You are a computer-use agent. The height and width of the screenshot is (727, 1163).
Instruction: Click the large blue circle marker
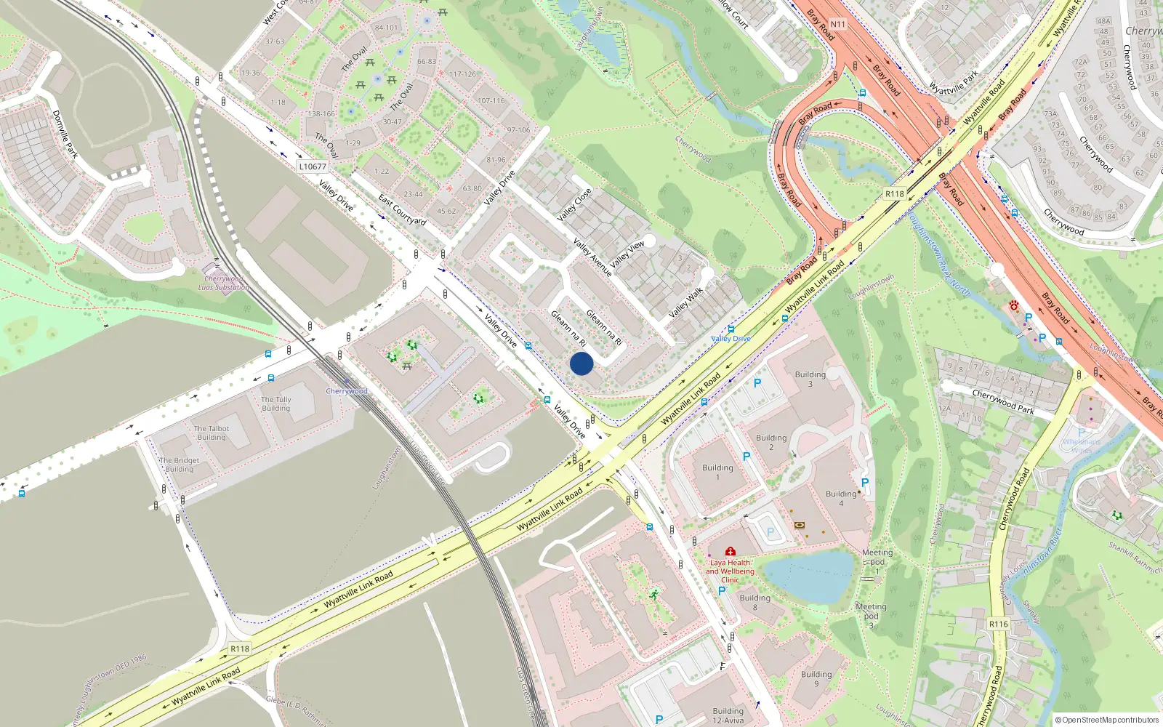coord(581,363)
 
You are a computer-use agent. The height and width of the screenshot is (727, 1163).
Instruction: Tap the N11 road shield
coord(838,24)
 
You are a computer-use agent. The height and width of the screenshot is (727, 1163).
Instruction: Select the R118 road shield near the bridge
coord(894,194)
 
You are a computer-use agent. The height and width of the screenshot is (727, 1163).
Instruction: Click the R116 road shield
coord(998,624)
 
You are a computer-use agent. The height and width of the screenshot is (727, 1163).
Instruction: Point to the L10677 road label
coord(313,166)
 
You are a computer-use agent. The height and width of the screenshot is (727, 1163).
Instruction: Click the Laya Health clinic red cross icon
coord(730,551)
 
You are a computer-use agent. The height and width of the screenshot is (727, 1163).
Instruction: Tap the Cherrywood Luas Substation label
coord(224,283)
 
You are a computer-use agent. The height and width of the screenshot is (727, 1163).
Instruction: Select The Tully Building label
coord(276,403)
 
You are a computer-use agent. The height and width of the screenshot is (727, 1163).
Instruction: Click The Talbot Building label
coord(212,433)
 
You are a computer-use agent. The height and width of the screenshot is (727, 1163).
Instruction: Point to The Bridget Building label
coord(180,465)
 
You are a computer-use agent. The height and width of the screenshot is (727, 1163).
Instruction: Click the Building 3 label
coord(810,379)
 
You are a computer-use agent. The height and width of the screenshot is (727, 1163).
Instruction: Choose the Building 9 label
coord(816,678)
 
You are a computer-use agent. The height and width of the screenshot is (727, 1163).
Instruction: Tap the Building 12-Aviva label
coord(728,715)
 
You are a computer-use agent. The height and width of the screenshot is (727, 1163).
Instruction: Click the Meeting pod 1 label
coord(877,561)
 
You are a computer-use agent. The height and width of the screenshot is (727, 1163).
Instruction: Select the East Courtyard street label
coord(402,209)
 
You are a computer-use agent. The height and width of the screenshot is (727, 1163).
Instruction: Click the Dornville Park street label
coord(65,134)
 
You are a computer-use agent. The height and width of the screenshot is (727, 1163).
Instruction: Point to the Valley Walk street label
coord(685,302)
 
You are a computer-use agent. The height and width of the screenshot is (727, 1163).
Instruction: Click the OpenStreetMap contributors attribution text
coord(1107,720)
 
